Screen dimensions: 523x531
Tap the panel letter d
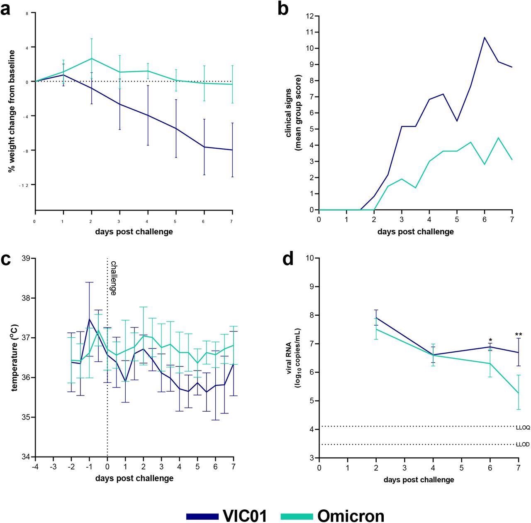point(288,259)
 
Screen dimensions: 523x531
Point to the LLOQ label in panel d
point(522,427)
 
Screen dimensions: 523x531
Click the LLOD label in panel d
point(522,444)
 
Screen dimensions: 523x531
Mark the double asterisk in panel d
point(519,335)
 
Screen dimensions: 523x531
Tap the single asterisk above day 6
point(490,341)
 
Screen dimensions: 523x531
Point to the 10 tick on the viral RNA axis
point(309,258)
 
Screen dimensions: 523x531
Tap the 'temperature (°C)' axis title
point(15,358)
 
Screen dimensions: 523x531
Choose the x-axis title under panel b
point(415,231)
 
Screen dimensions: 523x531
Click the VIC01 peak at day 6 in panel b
point(485,37)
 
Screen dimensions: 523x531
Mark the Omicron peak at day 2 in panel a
point(92,59)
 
